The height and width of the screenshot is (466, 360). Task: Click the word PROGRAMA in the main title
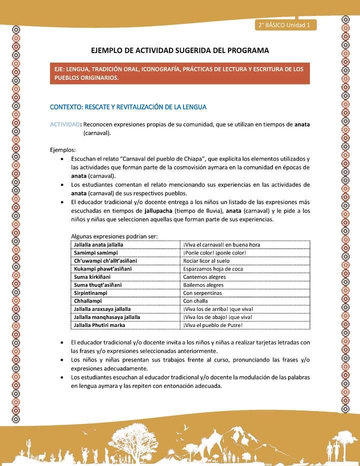coord(248,50)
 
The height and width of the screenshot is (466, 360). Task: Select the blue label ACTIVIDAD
coord(65,124)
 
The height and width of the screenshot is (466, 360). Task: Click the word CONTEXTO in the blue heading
coord(65,106)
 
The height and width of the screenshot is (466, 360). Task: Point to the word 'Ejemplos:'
coord(63,149)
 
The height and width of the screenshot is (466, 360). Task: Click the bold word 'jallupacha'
coord(158,211)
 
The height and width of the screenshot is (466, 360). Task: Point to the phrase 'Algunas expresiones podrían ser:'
coord(114,236)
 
